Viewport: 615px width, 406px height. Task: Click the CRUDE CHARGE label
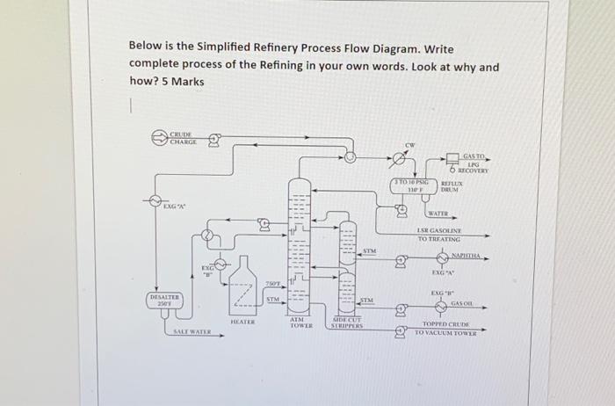coord(184,138)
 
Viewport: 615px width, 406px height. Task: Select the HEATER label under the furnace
coord(242,323)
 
